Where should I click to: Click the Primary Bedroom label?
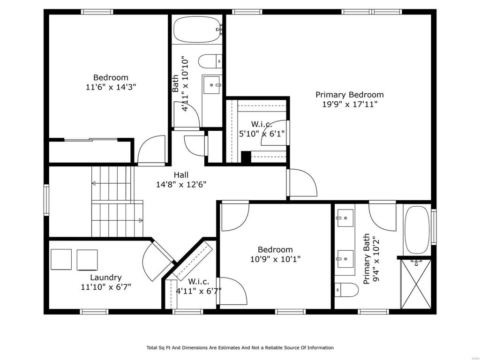coord(350,95)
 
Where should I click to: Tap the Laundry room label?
coord(106,277)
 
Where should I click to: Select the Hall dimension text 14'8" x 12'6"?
coord(181,184)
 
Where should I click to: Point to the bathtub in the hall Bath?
coord(197,30)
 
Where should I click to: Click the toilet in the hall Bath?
coord(210,61)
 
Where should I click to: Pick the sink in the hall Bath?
coord(212,85)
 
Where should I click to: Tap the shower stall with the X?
coord(416,284)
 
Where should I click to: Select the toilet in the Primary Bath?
coord(346,290)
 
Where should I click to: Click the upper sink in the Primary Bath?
coord(345,218)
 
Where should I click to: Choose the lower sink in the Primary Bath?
coord(345,259)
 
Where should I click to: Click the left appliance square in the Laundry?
coord(61,259)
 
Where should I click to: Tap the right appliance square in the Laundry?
coord(87,260)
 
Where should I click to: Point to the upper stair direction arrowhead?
coord(94,183)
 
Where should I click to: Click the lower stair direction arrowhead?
coord(141,220)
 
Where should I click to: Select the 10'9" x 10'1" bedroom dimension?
coord(276,259)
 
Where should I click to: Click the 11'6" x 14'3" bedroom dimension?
coord(111,87)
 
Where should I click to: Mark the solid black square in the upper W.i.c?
coord(246,157)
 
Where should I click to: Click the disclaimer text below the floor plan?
coord(240,347)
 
